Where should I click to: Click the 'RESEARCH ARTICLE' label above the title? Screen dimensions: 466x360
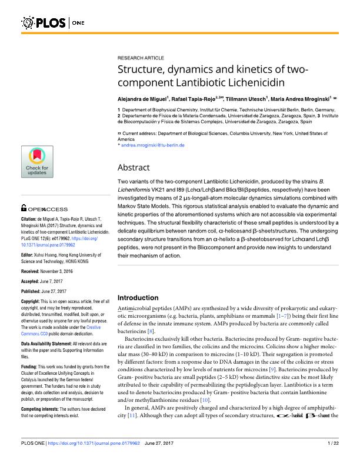click(x=141, y=59)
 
